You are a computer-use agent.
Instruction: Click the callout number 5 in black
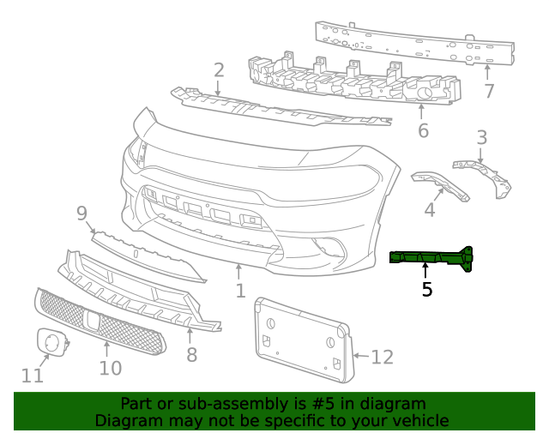click(426, 290)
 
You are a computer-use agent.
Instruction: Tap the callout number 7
click(489, 90)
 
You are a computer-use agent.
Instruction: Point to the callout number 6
click(423, 130)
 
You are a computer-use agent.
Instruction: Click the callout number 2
click(219, 70)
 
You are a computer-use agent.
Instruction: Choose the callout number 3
click(482, 137)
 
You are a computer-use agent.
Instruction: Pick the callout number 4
click(429, 208)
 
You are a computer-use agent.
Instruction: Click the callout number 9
click(82, 213)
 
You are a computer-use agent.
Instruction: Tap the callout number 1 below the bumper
click(241, 291)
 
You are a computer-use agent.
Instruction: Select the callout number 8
click(191, 352)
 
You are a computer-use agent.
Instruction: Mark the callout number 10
click(111, 368)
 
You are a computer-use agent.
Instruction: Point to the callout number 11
click(32, 375)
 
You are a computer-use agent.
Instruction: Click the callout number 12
click(382, 356)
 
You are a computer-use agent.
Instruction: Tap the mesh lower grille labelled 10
click(99, 321)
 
